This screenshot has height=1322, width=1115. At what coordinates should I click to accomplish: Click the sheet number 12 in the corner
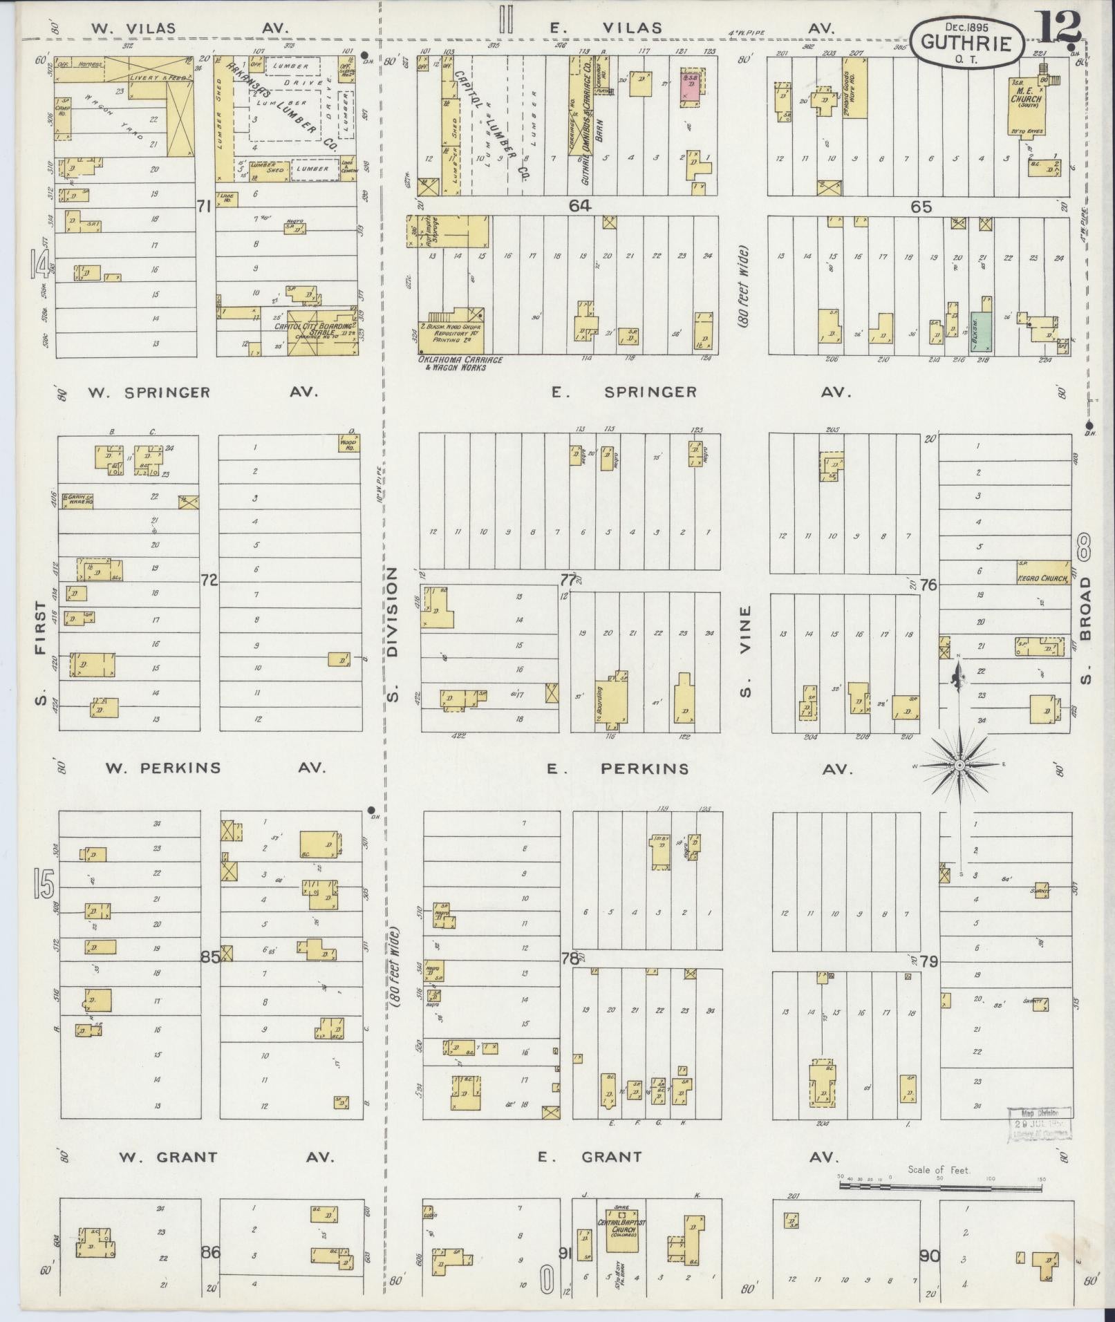[1058, 29]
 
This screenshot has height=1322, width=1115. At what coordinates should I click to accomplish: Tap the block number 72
[209, 580]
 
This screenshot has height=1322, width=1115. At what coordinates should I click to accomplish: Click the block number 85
[209, 958]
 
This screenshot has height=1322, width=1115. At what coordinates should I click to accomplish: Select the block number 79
[929, 961]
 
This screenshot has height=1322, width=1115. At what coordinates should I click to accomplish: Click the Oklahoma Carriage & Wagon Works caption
[460, 363]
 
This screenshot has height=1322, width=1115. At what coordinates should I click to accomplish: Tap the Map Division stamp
[1038, 1124]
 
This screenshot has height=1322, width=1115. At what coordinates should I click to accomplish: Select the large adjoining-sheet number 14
[39, 265]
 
